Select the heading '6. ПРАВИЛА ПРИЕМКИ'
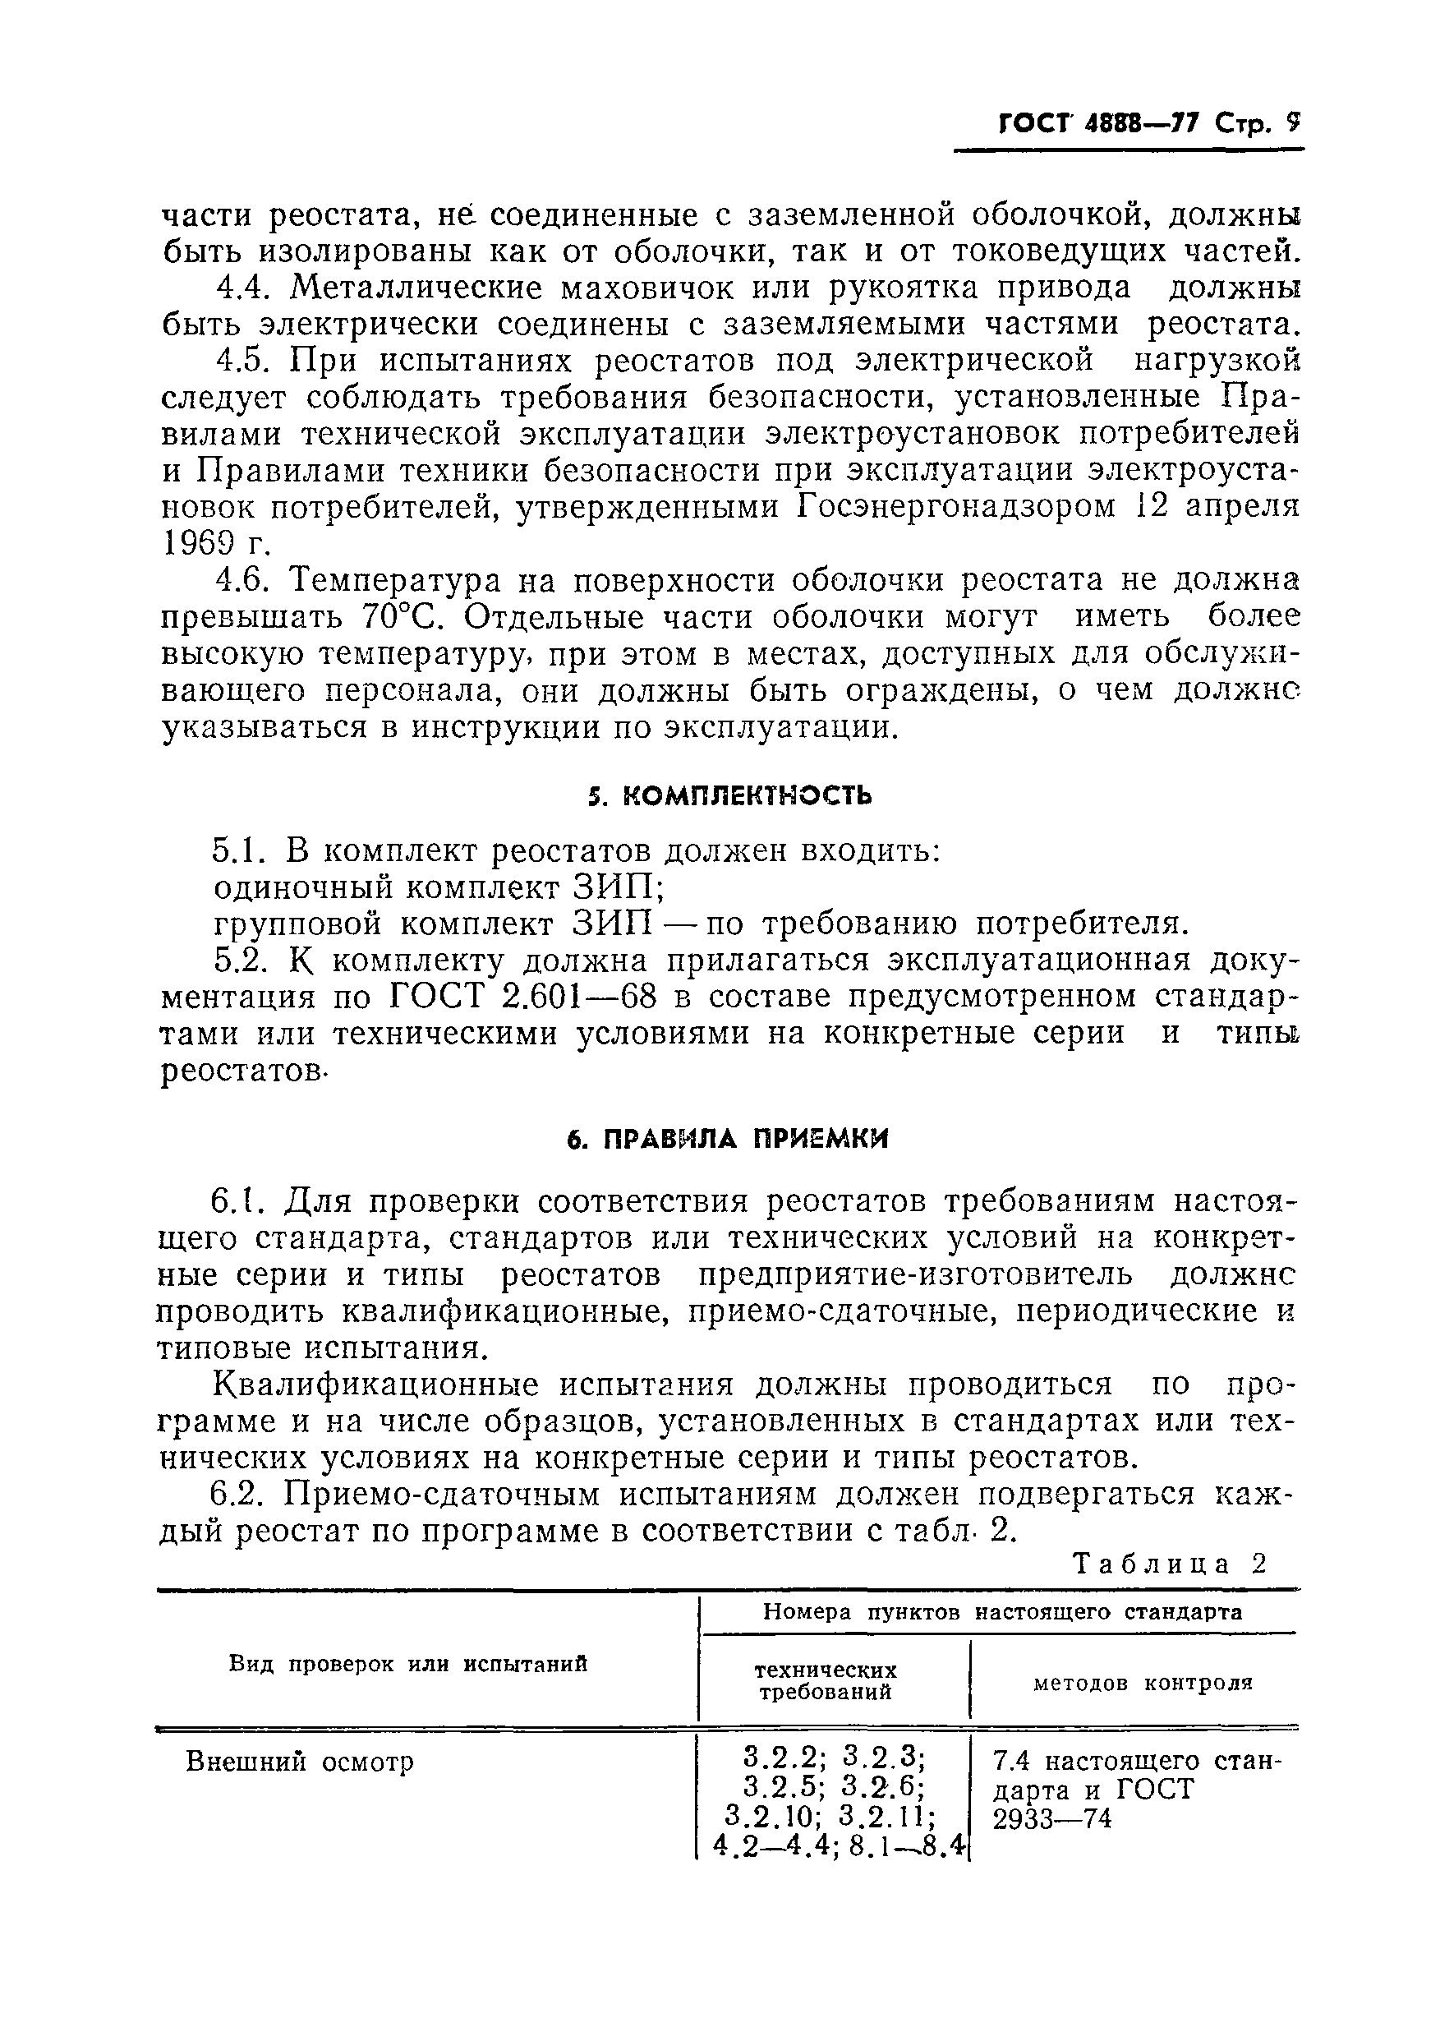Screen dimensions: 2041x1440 [728, 1140]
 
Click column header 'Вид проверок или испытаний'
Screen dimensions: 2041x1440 [409, 1664]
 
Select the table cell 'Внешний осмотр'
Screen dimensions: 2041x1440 [300, 1762]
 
